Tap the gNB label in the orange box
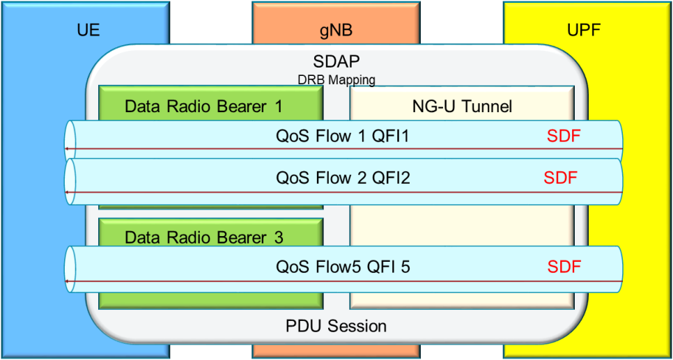pos(336,31)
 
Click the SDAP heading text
pos(336,63)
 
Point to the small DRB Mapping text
pos(336,80)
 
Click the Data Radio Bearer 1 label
pos(203,107)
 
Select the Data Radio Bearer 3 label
pos(203,237)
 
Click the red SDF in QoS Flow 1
pos(563,136)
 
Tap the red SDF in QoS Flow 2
pos(561,178)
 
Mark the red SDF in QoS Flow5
pos(564,266)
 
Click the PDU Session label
pos(336,325)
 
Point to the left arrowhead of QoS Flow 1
pos(66,149)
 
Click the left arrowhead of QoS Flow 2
pos(66,192)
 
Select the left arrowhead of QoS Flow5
pos(66,281)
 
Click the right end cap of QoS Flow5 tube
pos(617,269)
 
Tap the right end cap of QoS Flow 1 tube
pos(617,139)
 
